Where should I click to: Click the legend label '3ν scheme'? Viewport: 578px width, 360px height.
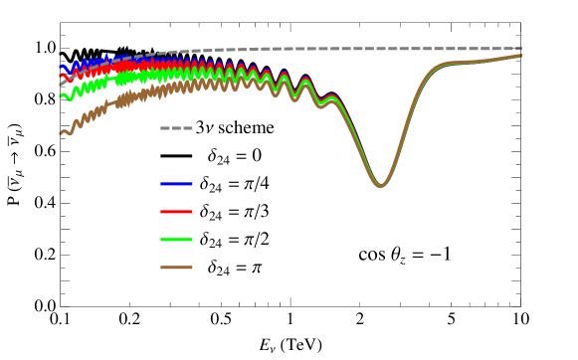(235, 128)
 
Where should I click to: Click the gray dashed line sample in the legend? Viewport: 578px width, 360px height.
(176, 129)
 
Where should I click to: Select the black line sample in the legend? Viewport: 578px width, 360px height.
(176, 157)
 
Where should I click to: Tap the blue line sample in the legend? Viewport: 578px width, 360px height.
(176, 185)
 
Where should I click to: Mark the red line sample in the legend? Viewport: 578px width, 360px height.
(176, 213)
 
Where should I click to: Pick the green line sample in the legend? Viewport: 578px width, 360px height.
(176, 241)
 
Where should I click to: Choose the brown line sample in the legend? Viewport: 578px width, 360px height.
(176, 269)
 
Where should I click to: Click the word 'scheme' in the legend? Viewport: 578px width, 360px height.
(249, 128)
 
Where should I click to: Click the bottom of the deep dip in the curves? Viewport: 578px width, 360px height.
(379, 186)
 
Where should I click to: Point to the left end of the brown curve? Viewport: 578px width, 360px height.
(61, 132)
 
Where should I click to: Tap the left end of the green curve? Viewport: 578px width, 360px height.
(61, 96)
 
